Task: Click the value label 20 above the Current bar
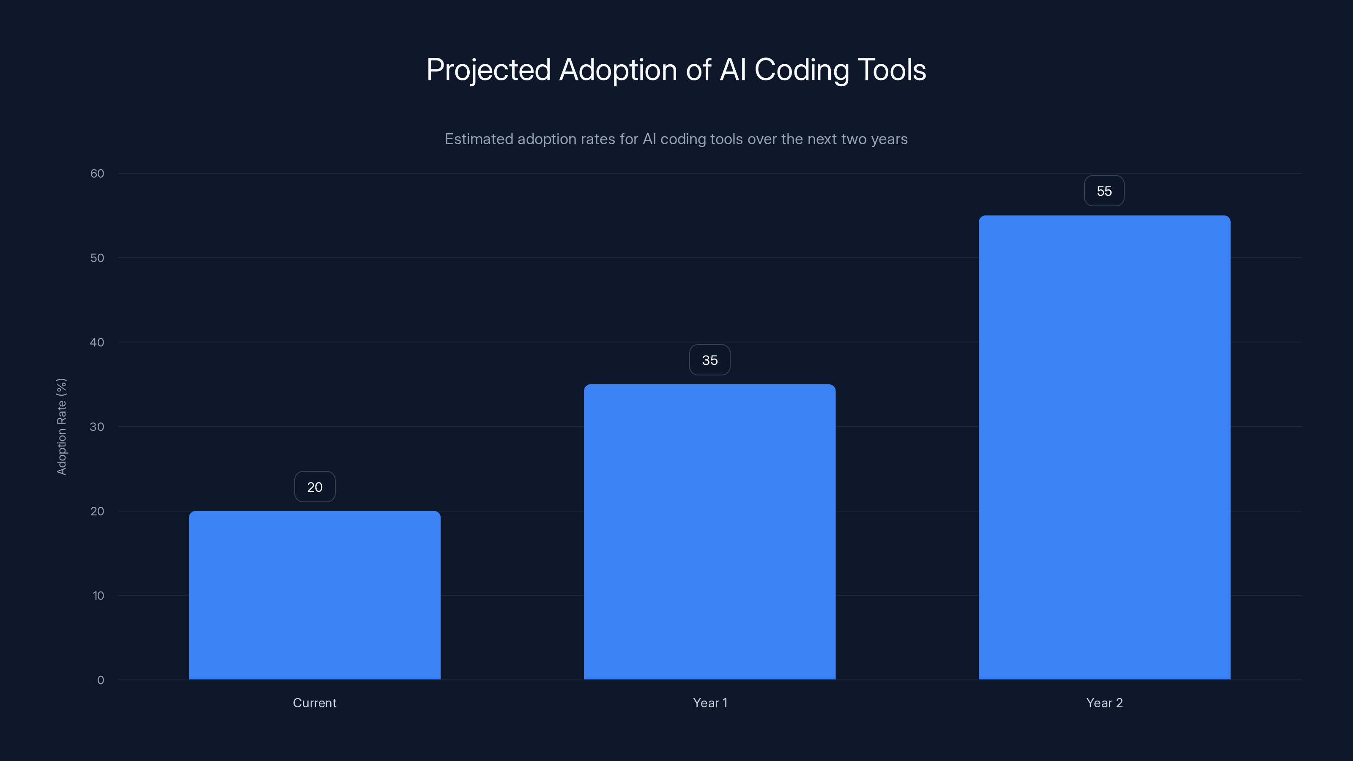point(315,487)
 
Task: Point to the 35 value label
point(709,360)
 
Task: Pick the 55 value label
point(1104,191)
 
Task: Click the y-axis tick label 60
point(97,173)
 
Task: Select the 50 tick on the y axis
point(97,258)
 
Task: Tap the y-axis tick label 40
point(97,342)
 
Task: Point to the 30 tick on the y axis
point(97,427)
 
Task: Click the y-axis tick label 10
point(98,596)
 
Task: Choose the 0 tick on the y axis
point(100,680)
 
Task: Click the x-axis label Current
point(315,703)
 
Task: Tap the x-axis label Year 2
point(1104,703)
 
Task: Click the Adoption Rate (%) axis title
point(61,427)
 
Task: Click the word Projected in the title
point(488,70)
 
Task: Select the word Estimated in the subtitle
point(479,139)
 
